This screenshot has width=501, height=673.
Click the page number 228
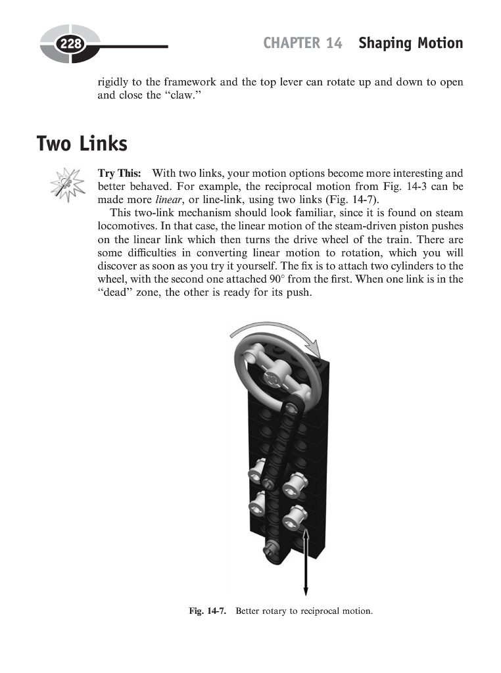pyautogui.click(x=68, y=45)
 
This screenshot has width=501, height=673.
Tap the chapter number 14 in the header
pyautogui.click(x=334, y=43)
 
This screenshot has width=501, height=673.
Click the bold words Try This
pyautogui.click(x=119, y=174)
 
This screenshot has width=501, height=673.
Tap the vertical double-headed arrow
pyautogui.click(x=306, y=563)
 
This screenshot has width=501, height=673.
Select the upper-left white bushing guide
pyautogui.click(x=255, y=471)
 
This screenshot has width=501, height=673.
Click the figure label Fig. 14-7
pyautogui.click(x=207, y=611)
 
